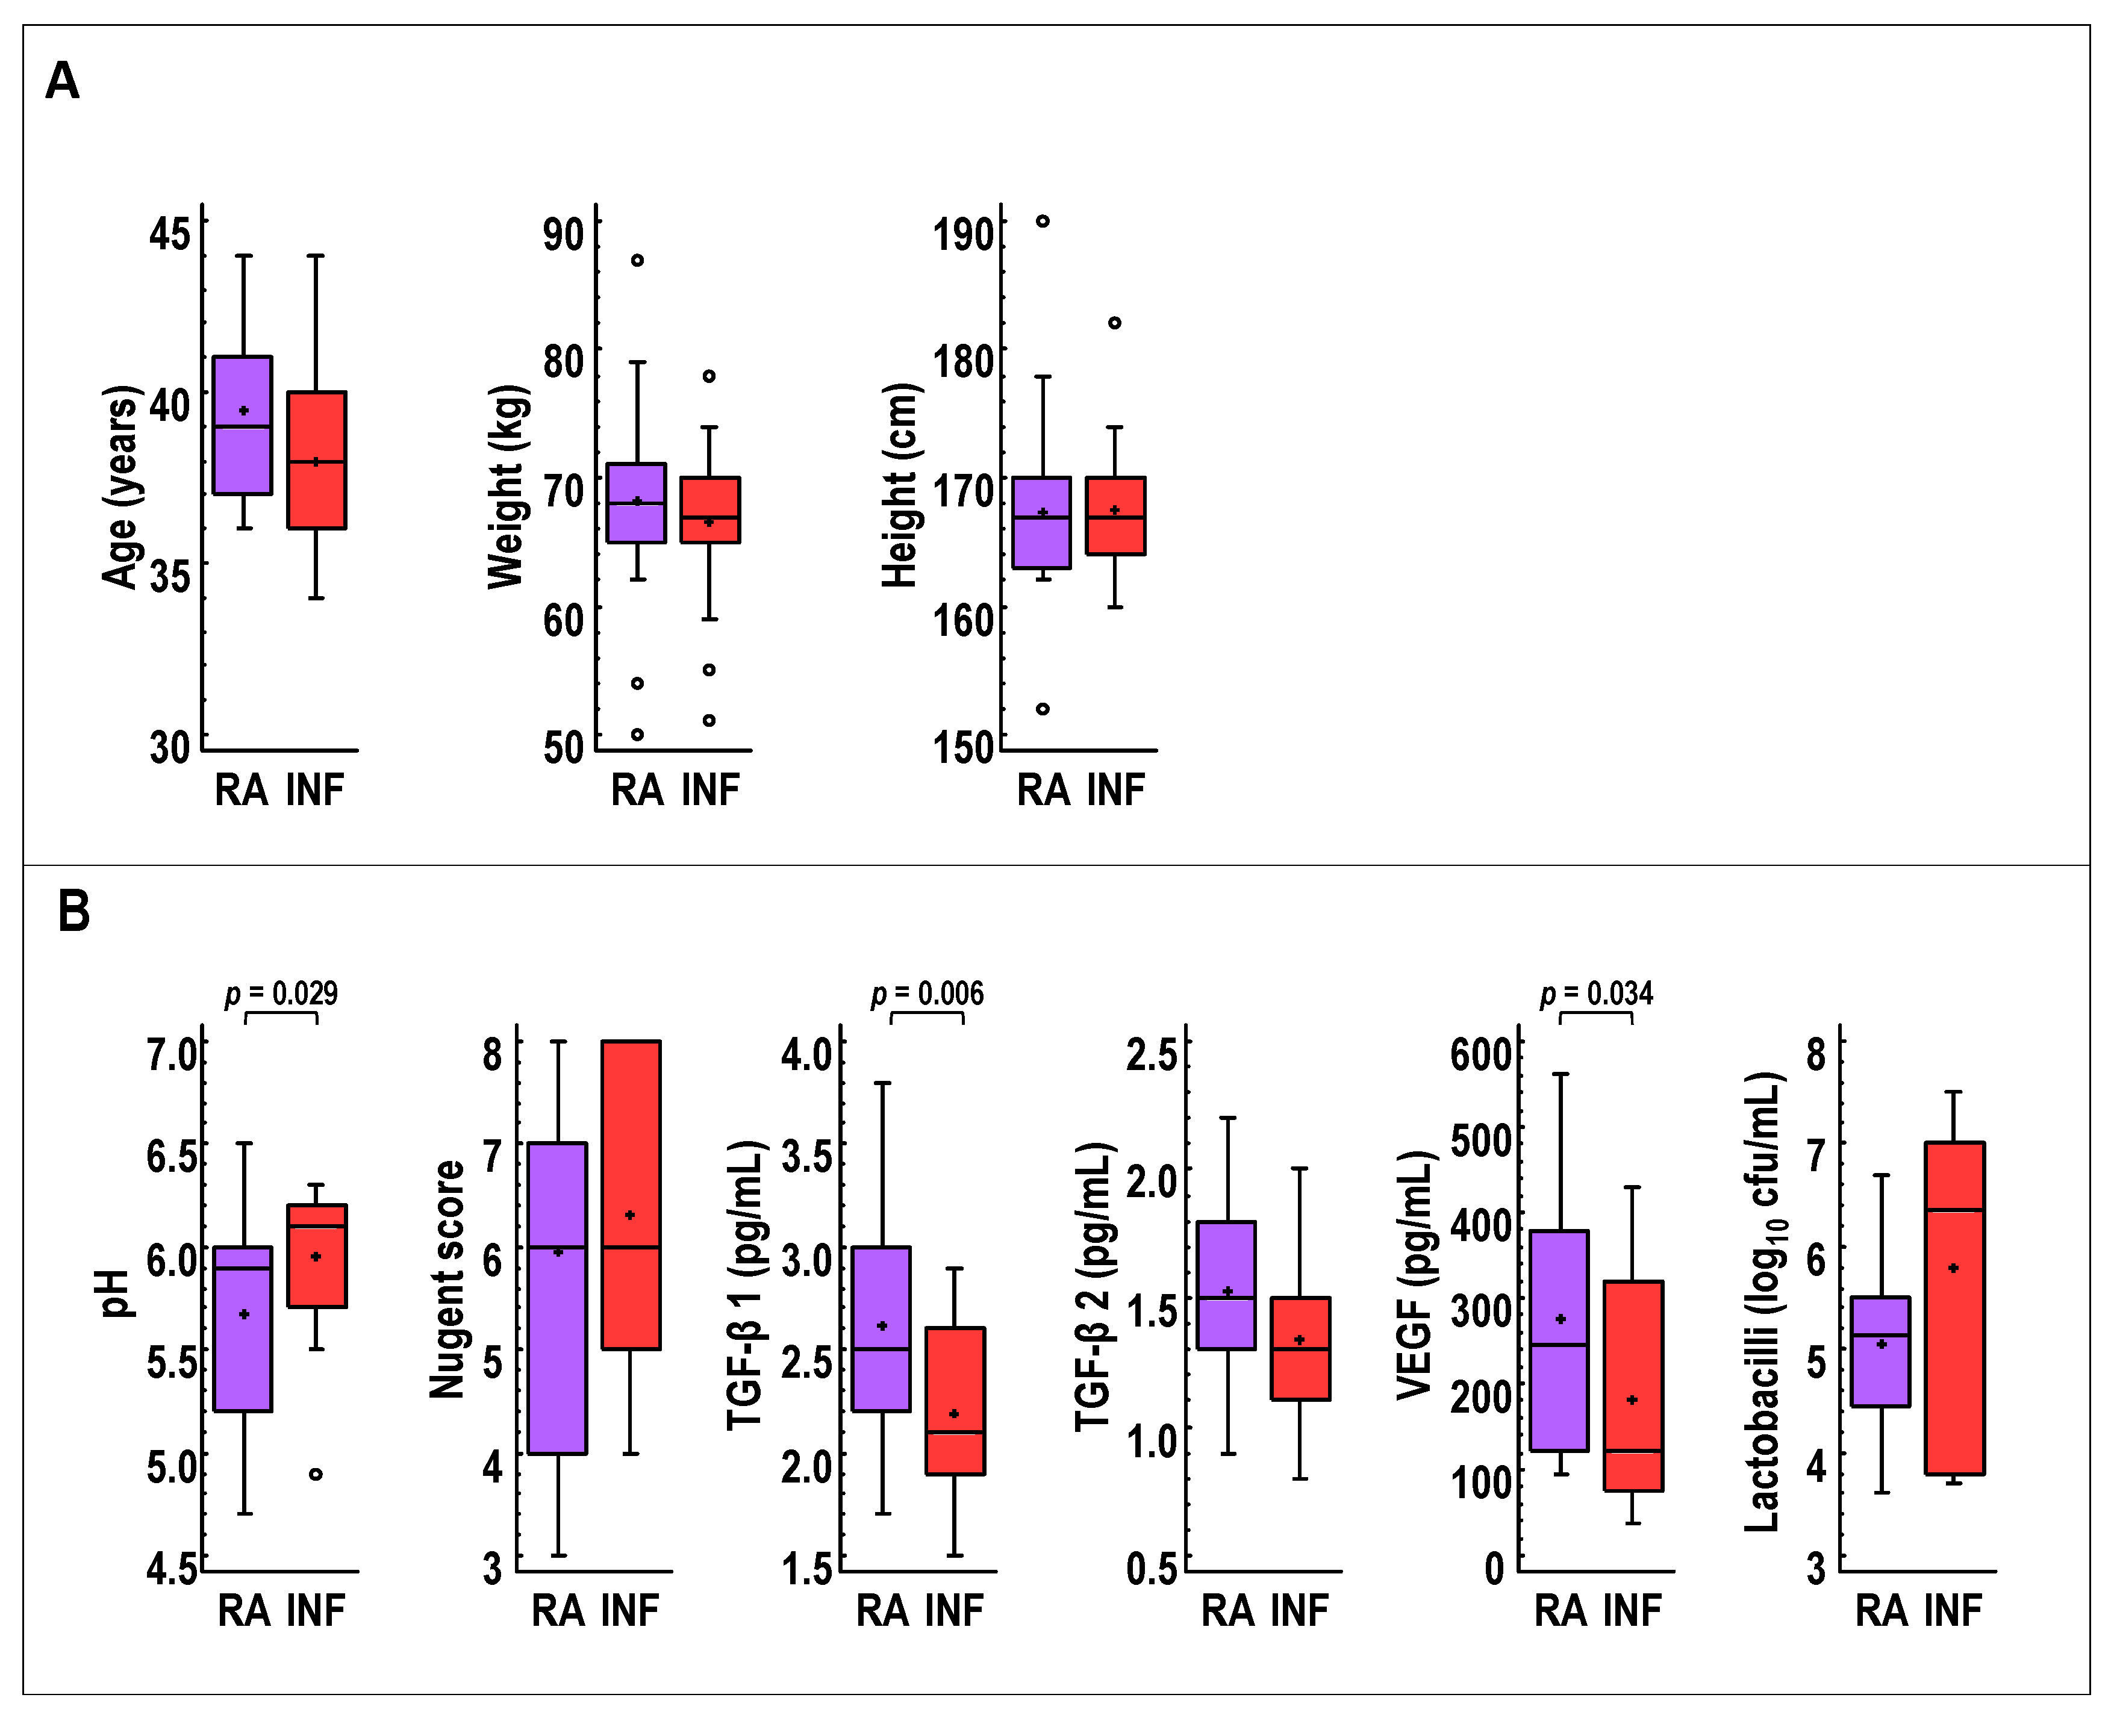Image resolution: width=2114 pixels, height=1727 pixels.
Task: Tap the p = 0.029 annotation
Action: [x=281, y=994]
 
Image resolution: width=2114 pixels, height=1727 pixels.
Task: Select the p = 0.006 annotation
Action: [x=926, y=994]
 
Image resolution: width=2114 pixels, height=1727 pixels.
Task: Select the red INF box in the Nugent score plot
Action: [x=631, y=1193]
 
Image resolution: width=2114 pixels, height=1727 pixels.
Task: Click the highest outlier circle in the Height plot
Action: [x=1043, y=221]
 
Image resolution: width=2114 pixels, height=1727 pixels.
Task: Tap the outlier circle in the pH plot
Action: [x=316, y=1474]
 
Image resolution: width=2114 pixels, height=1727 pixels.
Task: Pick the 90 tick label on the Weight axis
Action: [x=563, y=236]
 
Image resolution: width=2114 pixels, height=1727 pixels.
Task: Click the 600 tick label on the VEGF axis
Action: [x=1480, y=1054]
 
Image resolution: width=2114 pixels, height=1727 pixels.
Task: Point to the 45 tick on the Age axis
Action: [x=169, y=235]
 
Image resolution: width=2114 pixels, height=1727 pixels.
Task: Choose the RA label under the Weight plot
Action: [x=637, y=791]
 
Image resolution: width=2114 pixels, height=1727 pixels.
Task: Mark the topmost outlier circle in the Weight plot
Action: [x=638, y=261]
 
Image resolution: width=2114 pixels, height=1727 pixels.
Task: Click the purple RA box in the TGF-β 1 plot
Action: [x=881, y=1329]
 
